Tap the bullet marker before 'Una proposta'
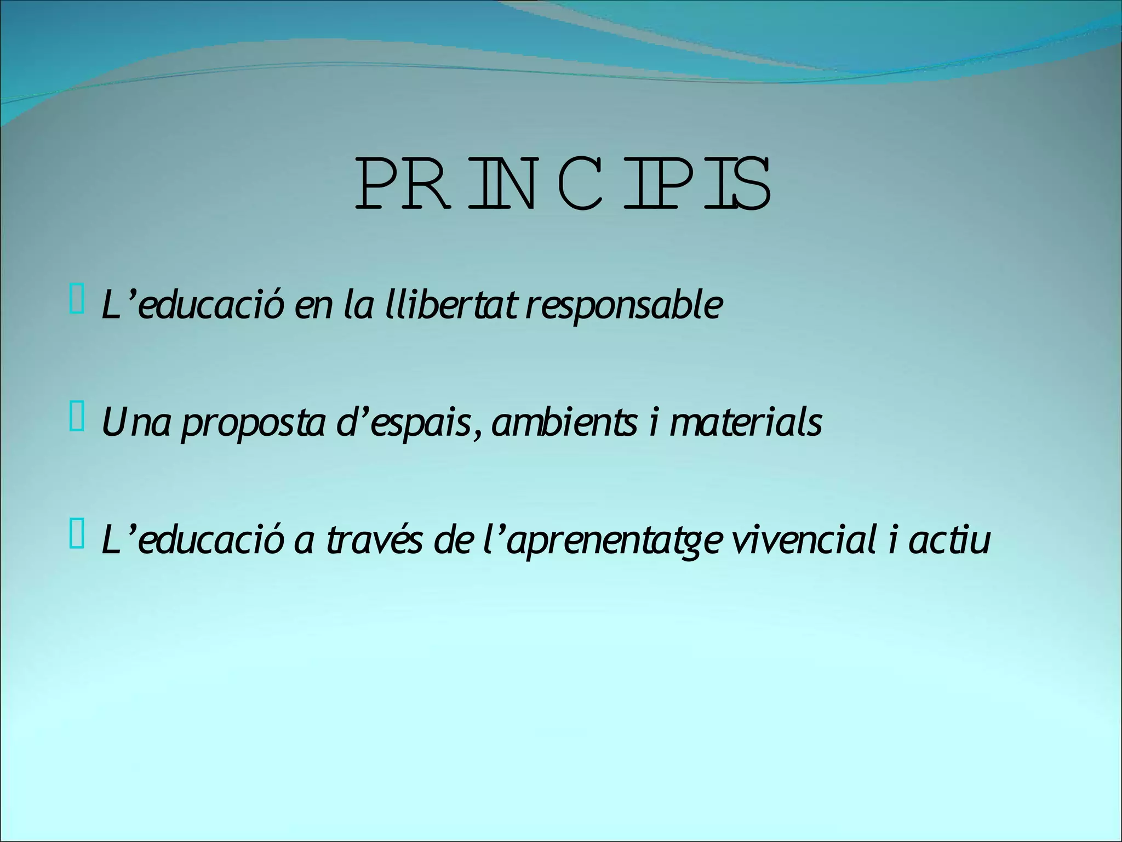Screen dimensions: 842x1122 (77, 418)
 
